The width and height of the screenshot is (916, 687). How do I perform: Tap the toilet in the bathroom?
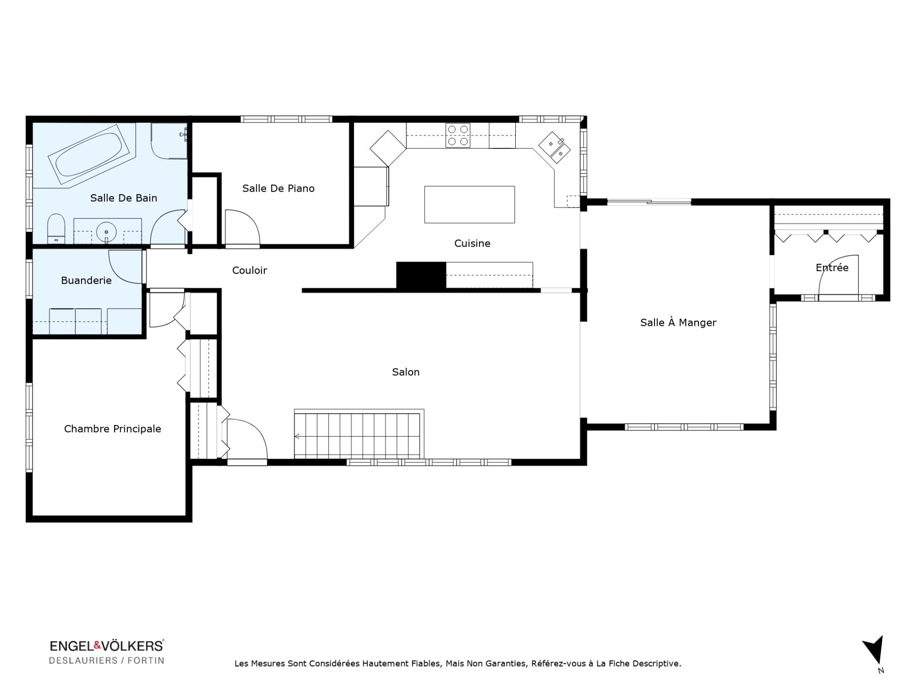point(57,229)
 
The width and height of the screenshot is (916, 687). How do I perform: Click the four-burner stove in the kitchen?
point(458,135)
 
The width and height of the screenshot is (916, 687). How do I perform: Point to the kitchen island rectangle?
point(469,205)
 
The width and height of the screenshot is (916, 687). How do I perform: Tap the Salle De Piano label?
point(278,188)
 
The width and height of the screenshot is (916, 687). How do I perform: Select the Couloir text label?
point(250,271)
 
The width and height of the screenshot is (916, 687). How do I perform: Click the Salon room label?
point(406,372)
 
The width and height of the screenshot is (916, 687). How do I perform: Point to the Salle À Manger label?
point(678,323)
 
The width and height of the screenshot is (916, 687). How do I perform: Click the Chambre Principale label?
point(113,429)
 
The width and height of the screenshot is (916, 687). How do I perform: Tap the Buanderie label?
point(86,281)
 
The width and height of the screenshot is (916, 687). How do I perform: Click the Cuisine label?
point(472,243)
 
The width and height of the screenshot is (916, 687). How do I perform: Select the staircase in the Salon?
point(357,436)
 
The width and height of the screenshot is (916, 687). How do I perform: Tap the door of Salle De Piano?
point(242,229)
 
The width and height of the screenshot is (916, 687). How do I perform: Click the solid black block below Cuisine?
point(421,275)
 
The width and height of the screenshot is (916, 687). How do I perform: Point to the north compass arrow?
point(874,650)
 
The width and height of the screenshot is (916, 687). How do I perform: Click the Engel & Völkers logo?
point(107,652)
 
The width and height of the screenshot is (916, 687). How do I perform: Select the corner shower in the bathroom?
point(169,141)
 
